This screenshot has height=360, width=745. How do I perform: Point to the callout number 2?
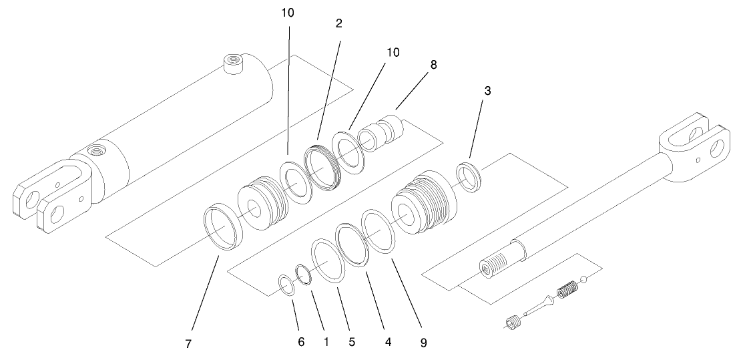(x=339, y=23)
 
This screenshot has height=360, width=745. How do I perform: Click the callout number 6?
(x=301, y=342)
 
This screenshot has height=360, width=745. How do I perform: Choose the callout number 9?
(x=423, y=343)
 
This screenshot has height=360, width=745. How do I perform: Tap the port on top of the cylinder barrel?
(x=233, y=64)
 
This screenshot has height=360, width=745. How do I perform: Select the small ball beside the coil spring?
(x=583, y=280)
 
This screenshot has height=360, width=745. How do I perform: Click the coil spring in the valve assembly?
(x=566, y=291)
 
